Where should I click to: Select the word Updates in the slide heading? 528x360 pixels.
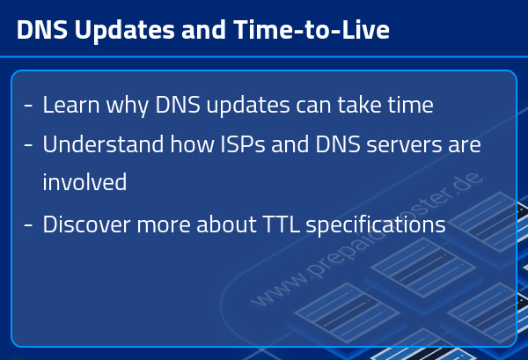105,30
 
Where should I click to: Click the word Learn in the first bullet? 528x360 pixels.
68,106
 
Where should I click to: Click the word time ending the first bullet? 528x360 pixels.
407,106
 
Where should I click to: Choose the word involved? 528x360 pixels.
84,183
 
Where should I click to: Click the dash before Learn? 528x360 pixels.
28,107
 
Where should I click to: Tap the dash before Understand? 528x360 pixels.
28,145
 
